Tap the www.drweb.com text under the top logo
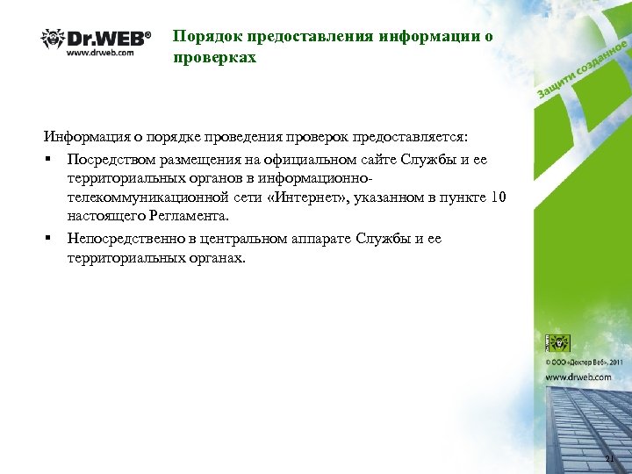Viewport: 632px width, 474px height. point(100,53)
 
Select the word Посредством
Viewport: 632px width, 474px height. point(110,159)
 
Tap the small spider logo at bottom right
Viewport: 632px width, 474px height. point(559,342)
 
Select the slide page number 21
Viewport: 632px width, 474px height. point(611,460)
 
